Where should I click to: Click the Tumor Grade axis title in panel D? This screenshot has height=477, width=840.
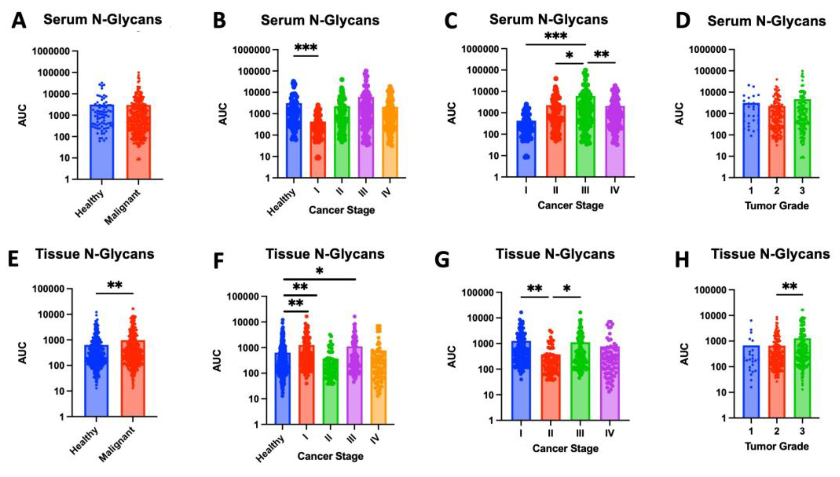click(x=776, y=206)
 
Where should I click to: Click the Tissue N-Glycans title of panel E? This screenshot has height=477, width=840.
click(x=95, y=254)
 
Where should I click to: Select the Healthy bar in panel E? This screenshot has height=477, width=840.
click(x=96, y=380)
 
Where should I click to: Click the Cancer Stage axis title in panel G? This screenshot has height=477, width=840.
click(x=565, y=448)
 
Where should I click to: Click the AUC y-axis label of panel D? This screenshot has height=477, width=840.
click(x=680, y=114)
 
